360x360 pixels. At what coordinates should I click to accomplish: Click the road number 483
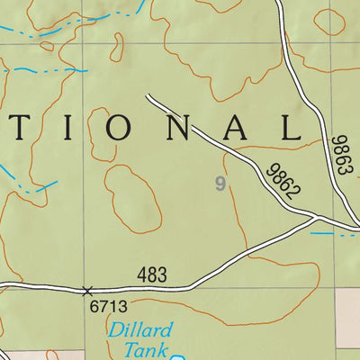click(153, 275)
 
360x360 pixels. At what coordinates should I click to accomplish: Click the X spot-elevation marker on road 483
click(87, 291)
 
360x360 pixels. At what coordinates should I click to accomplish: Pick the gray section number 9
click(219, 184)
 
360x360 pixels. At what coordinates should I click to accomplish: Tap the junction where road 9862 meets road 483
click(316, 217)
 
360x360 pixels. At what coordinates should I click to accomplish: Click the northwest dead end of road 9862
click(147, 94)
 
